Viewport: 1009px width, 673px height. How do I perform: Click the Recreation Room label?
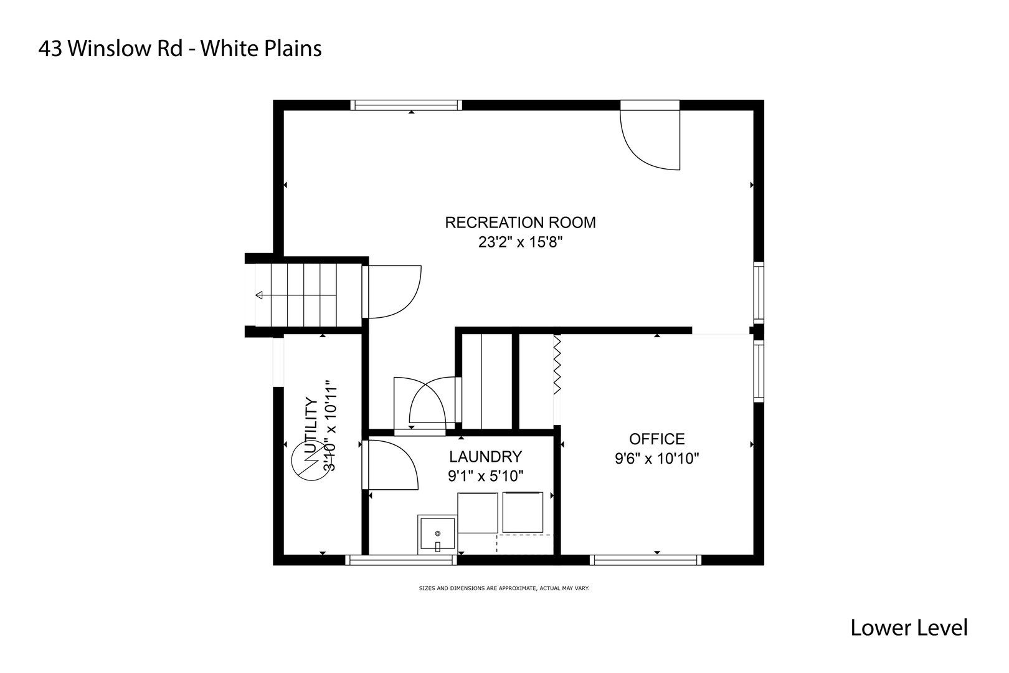tap(520, 222)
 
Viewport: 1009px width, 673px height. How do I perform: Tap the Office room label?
tap(656, 439)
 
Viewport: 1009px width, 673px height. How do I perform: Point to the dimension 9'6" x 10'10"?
tap(656, 459)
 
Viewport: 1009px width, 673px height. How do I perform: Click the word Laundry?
tap(485, 456)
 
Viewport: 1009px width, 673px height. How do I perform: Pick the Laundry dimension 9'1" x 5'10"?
tap(485, 476)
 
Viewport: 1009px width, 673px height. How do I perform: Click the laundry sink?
tap(437, 534)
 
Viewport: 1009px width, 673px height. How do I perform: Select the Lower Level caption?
tap(909, 628)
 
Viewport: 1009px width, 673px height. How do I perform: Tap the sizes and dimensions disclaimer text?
tap(504, 588)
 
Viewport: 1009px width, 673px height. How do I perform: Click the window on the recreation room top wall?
tap(406, 105)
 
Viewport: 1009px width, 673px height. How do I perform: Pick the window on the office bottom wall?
tap(645, 560)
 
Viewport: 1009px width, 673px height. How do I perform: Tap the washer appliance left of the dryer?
tap(478, 512)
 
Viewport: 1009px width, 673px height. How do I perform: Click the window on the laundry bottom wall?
tap(401, 560)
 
